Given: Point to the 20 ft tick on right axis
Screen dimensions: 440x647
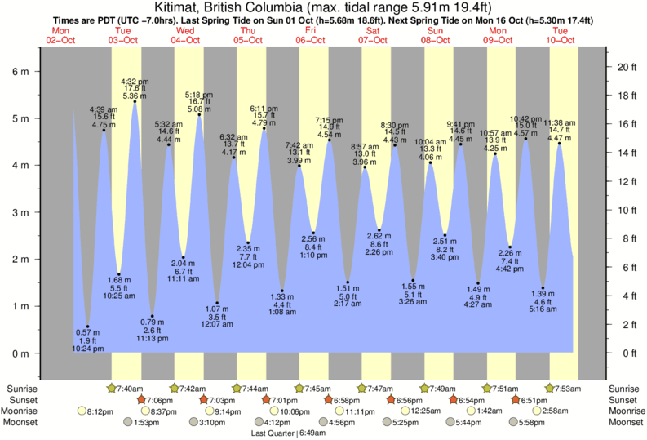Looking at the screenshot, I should click(625, 66).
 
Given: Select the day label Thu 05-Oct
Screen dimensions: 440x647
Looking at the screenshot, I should click(248, 35).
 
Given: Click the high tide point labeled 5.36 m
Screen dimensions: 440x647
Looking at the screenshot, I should click(134, 101).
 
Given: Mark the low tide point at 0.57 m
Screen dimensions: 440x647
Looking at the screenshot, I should click(87, 327).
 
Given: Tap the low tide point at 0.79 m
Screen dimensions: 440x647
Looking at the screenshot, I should click(152, 316).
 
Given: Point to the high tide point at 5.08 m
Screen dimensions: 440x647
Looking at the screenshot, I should click(199, 114).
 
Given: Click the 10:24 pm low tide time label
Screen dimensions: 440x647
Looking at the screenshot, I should click(87, 349).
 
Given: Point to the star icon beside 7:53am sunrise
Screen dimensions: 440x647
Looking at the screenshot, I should click(550, 387).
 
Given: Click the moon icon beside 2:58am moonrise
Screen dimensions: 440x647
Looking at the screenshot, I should click(537, 411).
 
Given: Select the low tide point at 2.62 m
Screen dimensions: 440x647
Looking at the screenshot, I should click(379, 230).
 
